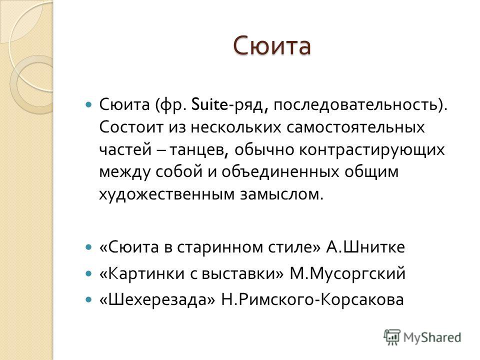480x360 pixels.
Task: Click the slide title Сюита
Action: click(272, 46)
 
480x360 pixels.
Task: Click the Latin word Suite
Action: click(209, 104)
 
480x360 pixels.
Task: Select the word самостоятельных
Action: click(355, 127)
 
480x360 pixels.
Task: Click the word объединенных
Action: click(280, 172)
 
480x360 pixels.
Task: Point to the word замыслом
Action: click(281, 194)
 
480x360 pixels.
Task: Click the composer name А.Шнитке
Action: click(365, 246)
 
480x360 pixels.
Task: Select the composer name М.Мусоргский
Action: click(347, 273)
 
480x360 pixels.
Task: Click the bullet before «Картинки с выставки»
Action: click(88, 273)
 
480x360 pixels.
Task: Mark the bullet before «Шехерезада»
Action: click(88, 299)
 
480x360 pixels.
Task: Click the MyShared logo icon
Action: click(392, 337)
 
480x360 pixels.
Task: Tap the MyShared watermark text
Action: click(432, 337)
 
